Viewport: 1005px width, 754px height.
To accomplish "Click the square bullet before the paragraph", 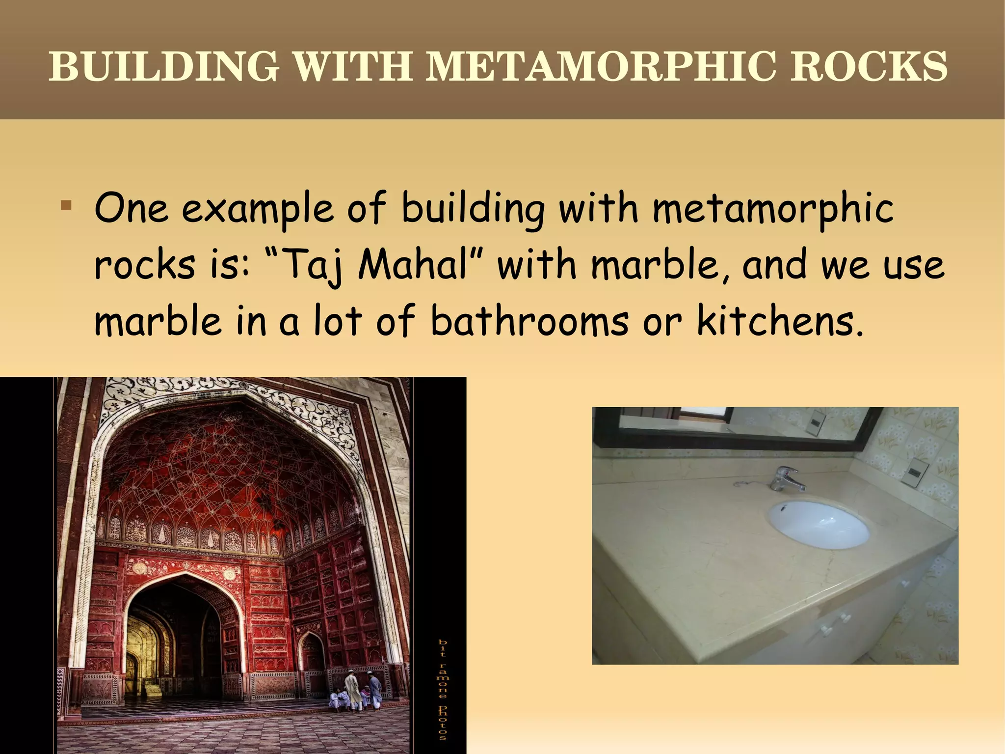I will coord(66,205).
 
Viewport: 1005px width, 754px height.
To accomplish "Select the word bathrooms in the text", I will coord(529,321).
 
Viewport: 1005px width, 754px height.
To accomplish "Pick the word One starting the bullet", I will coord(132,209).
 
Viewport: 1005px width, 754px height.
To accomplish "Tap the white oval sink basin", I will coord(818,524).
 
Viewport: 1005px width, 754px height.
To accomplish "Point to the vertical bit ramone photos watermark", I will coord(443,688).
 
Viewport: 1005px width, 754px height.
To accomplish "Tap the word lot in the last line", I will coord(338,321).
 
